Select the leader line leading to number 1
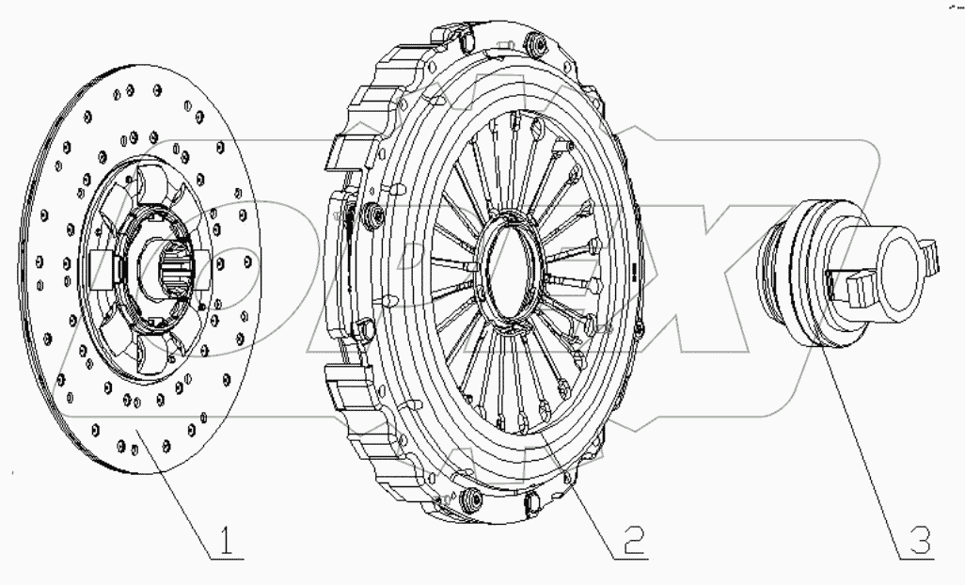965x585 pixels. pos(178,490)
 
